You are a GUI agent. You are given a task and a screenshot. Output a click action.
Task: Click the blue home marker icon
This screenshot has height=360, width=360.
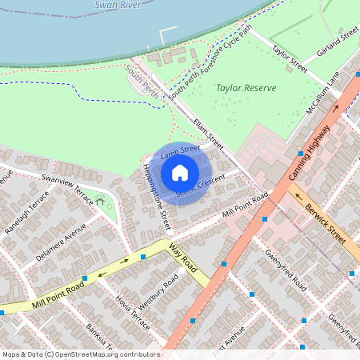(180, 172)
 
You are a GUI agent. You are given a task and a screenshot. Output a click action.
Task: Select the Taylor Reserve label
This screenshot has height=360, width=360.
(246, 88)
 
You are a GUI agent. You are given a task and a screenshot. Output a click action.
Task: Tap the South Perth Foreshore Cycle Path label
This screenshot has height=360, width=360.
(210, 71)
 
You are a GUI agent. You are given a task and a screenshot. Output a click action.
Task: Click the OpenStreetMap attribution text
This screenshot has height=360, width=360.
(80, 354)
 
